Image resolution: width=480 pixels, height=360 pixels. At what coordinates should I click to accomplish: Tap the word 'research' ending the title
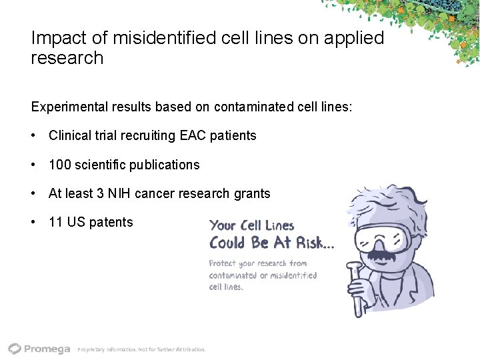click(x=67, y=58)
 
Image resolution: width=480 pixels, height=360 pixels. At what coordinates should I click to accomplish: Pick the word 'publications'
click(x=163, y=164)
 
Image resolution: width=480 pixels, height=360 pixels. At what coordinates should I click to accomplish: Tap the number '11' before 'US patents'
click(x=55, y=222)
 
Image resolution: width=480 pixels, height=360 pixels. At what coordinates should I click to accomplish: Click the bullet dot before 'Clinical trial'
click(x=33, y=135)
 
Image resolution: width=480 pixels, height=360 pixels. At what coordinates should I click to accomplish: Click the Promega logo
click(x=39, y=348)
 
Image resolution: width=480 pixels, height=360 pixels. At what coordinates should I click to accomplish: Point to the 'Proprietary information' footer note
click(x=141, y=349)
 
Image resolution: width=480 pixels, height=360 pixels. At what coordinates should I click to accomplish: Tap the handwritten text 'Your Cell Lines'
click(x=251, y=225)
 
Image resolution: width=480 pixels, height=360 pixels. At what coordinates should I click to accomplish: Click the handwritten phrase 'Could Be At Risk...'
click(x=271, y=243)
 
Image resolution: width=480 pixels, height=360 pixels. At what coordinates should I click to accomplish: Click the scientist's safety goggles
click(x=387, y=235)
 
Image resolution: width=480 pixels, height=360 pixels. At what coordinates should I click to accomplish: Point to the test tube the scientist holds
click(x=359, y=293)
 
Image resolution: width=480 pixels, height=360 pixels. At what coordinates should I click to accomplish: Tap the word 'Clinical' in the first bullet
click(x=71, y=135)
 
